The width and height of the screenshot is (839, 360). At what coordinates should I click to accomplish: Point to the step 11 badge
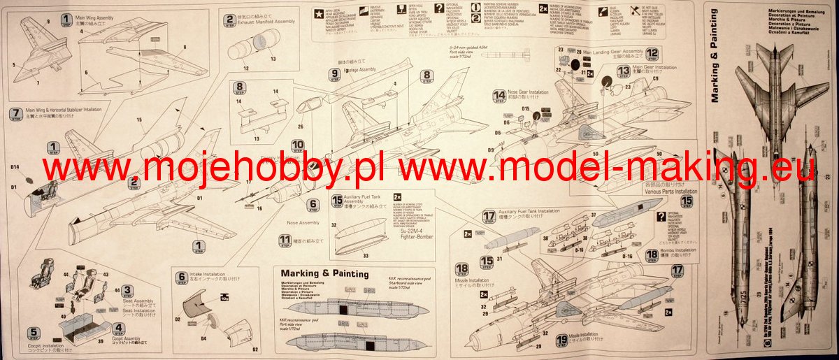[x=285, y=240]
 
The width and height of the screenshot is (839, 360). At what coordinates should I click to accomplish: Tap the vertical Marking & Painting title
[x=715, y=56]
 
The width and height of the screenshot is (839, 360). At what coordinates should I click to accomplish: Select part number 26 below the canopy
[x=300, y=127]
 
